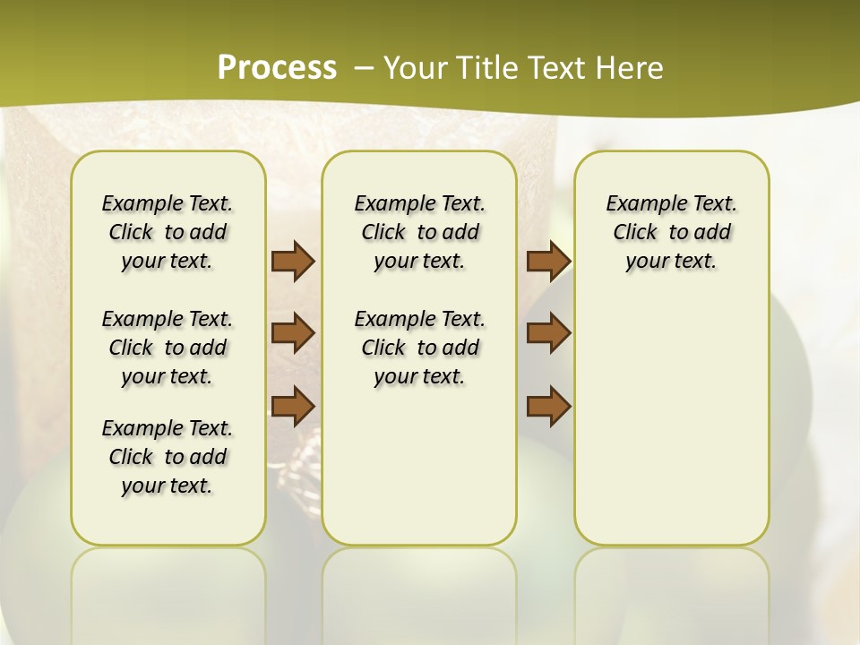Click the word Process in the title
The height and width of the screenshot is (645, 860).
277,67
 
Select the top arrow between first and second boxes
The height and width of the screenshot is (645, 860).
293,261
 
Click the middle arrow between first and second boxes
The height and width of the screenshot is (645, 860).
293,333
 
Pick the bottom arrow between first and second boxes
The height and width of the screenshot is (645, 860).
293,405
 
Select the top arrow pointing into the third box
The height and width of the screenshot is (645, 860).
549,261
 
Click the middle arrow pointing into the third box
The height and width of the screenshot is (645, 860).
549,333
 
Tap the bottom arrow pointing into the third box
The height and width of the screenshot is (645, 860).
549,405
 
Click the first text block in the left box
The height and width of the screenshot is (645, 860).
168,232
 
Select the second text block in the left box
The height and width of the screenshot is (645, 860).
168,348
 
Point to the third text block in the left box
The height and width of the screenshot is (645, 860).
168,457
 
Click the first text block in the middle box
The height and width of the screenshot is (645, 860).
419,232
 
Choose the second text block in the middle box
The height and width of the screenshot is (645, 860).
419,348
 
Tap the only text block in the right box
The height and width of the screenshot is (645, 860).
671,232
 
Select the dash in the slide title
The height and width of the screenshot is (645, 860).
363,68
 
